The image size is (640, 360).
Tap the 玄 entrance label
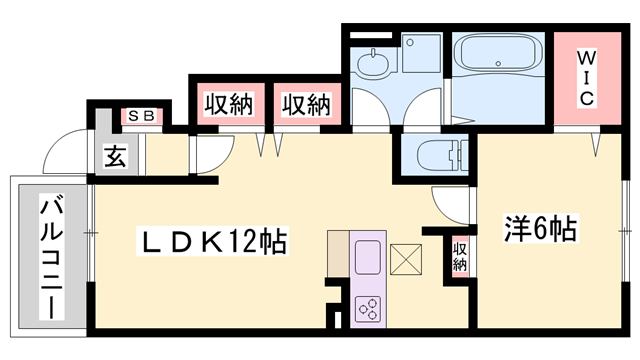coord(116,156)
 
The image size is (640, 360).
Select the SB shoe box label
coord(139,116)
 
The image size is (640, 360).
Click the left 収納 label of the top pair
coord(228,103)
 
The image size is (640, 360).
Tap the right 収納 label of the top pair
coord(304,103)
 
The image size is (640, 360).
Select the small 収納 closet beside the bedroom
coord(460,256)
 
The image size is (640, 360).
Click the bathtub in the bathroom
coord(499,65)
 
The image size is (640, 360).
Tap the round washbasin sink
coord(372,67)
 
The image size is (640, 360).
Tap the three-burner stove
coord(367,307)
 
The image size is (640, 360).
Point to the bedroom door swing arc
coord(455,207)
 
